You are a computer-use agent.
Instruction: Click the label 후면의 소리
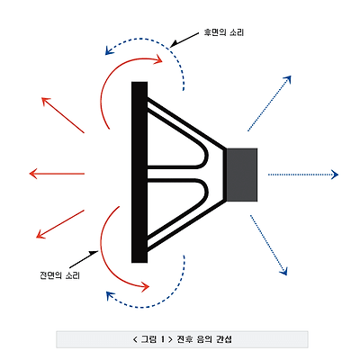click(x=224, y=32)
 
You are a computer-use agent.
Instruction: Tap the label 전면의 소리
click(x=59, y=275)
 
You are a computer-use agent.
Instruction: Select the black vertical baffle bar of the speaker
click(x=139, y=172)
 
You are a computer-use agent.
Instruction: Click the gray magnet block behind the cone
click(x=242, y=175)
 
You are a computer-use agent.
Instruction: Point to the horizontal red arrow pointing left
click(x=57, y=174)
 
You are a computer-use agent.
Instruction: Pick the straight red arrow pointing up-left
click(x=63, y=115)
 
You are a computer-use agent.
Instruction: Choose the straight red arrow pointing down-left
click(x=60, y=224)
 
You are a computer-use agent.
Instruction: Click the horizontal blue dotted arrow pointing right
click(x=303, y=175)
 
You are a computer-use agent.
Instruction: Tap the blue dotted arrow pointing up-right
click(x=269, y=103)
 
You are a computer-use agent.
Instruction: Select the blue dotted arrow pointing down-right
click(x=268, y=245)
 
